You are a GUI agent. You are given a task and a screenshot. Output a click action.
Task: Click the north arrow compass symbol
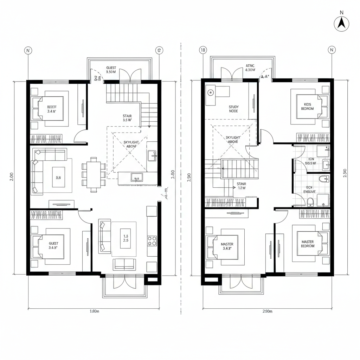[341, 24]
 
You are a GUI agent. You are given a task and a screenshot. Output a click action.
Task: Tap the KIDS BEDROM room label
[307, 107]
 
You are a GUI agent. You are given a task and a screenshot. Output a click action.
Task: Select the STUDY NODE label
[233, 109]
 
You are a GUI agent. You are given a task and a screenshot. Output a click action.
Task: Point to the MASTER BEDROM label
[308, 244]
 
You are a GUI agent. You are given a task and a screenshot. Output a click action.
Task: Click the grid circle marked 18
[203, 50]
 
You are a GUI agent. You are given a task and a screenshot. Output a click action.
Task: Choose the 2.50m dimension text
[268, 311]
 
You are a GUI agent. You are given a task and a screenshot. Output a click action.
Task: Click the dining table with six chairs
[94, 174]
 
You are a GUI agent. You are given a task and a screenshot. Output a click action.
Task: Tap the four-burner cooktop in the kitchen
[152, 240]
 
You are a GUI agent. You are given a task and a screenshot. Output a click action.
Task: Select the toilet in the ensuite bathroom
[310, 201]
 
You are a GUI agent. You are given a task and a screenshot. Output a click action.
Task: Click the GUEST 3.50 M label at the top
[111, 70]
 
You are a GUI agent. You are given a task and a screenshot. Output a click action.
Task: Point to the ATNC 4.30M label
[250, 67]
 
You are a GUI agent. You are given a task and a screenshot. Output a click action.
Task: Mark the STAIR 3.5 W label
[127, 118]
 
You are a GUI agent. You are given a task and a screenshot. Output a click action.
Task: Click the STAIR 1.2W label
[242, 186]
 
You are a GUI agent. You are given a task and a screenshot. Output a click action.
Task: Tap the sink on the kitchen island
[135, 177]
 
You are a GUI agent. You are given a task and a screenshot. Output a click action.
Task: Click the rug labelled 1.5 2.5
[124, 238]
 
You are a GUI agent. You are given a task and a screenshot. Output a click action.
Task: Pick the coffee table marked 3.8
[58, 178]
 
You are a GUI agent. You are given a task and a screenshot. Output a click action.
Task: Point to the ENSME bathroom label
[309, 189]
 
